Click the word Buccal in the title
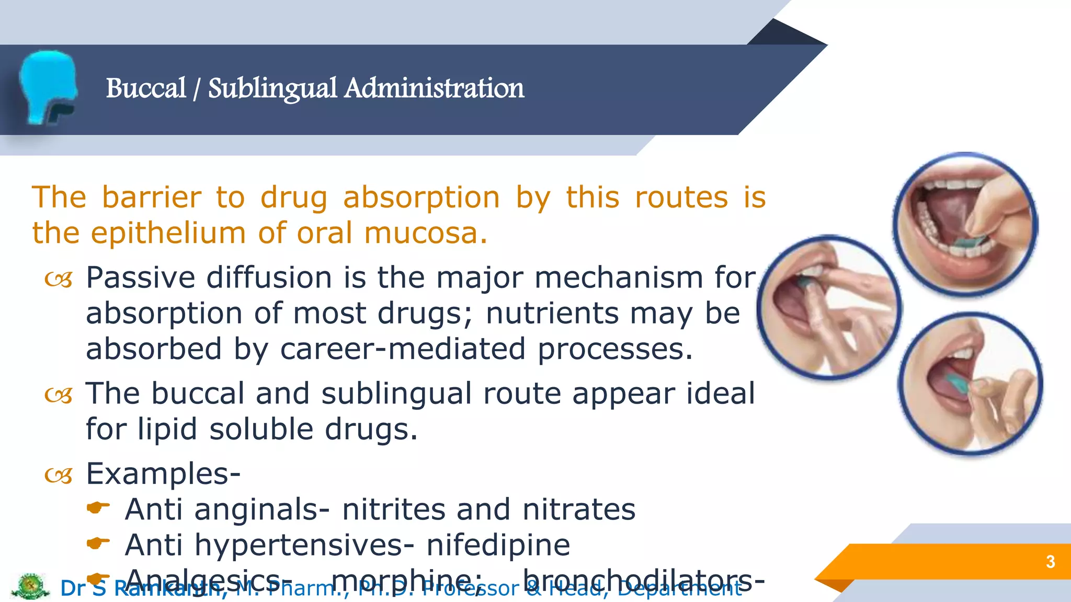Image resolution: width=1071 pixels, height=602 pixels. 145,88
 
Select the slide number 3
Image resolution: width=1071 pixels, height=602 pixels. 1050,562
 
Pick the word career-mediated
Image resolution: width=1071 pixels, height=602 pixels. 403,349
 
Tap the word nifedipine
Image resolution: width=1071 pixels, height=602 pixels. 498,545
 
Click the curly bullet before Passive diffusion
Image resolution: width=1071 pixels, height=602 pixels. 58,280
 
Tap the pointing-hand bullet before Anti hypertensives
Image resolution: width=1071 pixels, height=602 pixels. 98,543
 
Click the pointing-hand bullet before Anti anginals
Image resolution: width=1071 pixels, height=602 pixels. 98,507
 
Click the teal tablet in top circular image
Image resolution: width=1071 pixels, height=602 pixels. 972,241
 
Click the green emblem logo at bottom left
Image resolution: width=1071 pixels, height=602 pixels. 30,586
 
